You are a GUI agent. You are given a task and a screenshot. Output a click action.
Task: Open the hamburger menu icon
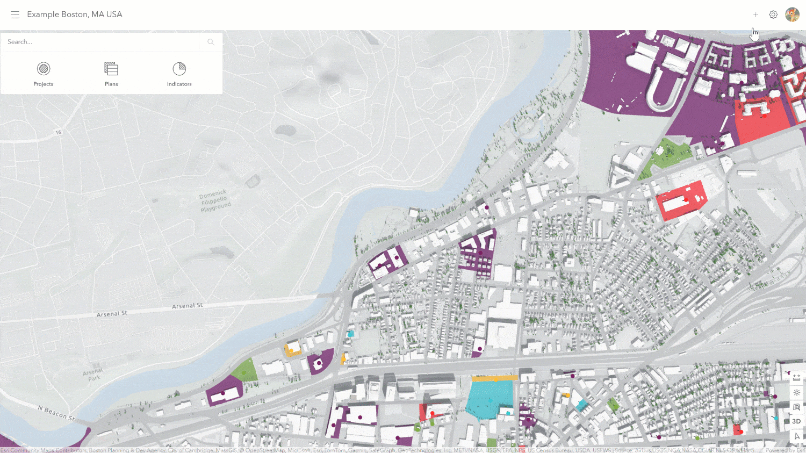click(15, 15)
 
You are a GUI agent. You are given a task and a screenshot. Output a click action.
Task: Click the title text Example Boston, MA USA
click(75, 15)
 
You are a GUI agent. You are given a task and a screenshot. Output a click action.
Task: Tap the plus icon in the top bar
click(755, 15)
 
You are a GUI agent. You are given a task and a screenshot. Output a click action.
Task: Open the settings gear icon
click(773, 15)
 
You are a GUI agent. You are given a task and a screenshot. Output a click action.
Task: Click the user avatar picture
click(792, 15)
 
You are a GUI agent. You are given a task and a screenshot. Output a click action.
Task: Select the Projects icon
click(44, 69)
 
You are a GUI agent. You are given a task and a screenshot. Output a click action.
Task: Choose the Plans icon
click(111, 69)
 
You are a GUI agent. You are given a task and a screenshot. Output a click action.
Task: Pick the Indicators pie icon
click(179, 69)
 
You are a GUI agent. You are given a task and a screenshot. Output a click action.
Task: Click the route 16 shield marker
click(58, 132)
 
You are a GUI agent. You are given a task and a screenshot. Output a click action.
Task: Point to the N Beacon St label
click(56, 413)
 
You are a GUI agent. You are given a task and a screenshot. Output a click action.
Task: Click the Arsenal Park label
click(93, 375)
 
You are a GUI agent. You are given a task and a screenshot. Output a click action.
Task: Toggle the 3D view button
click(796, 421)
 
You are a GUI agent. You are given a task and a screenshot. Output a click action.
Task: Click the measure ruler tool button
click(796, 378)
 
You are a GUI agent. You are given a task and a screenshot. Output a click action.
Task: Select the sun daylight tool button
click(796, 392)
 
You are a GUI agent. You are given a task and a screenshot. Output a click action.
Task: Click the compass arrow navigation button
click(796, 436)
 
